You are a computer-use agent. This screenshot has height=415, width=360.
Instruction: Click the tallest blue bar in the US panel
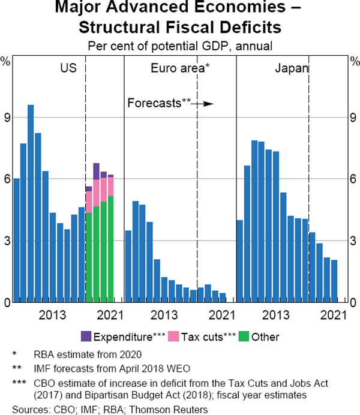tap(31, 204)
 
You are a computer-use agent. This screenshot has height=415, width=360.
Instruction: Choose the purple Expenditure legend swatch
tap(86, 336)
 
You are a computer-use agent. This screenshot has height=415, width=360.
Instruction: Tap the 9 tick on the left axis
tap(7, 118)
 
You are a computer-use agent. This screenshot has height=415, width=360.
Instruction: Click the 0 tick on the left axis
tap(7, 303)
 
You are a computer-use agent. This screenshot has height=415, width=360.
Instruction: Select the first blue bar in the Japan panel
tap(239, 261)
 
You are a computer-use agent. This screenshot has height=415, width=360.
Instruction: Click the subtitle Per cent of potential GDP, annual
tap(179, 45)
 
